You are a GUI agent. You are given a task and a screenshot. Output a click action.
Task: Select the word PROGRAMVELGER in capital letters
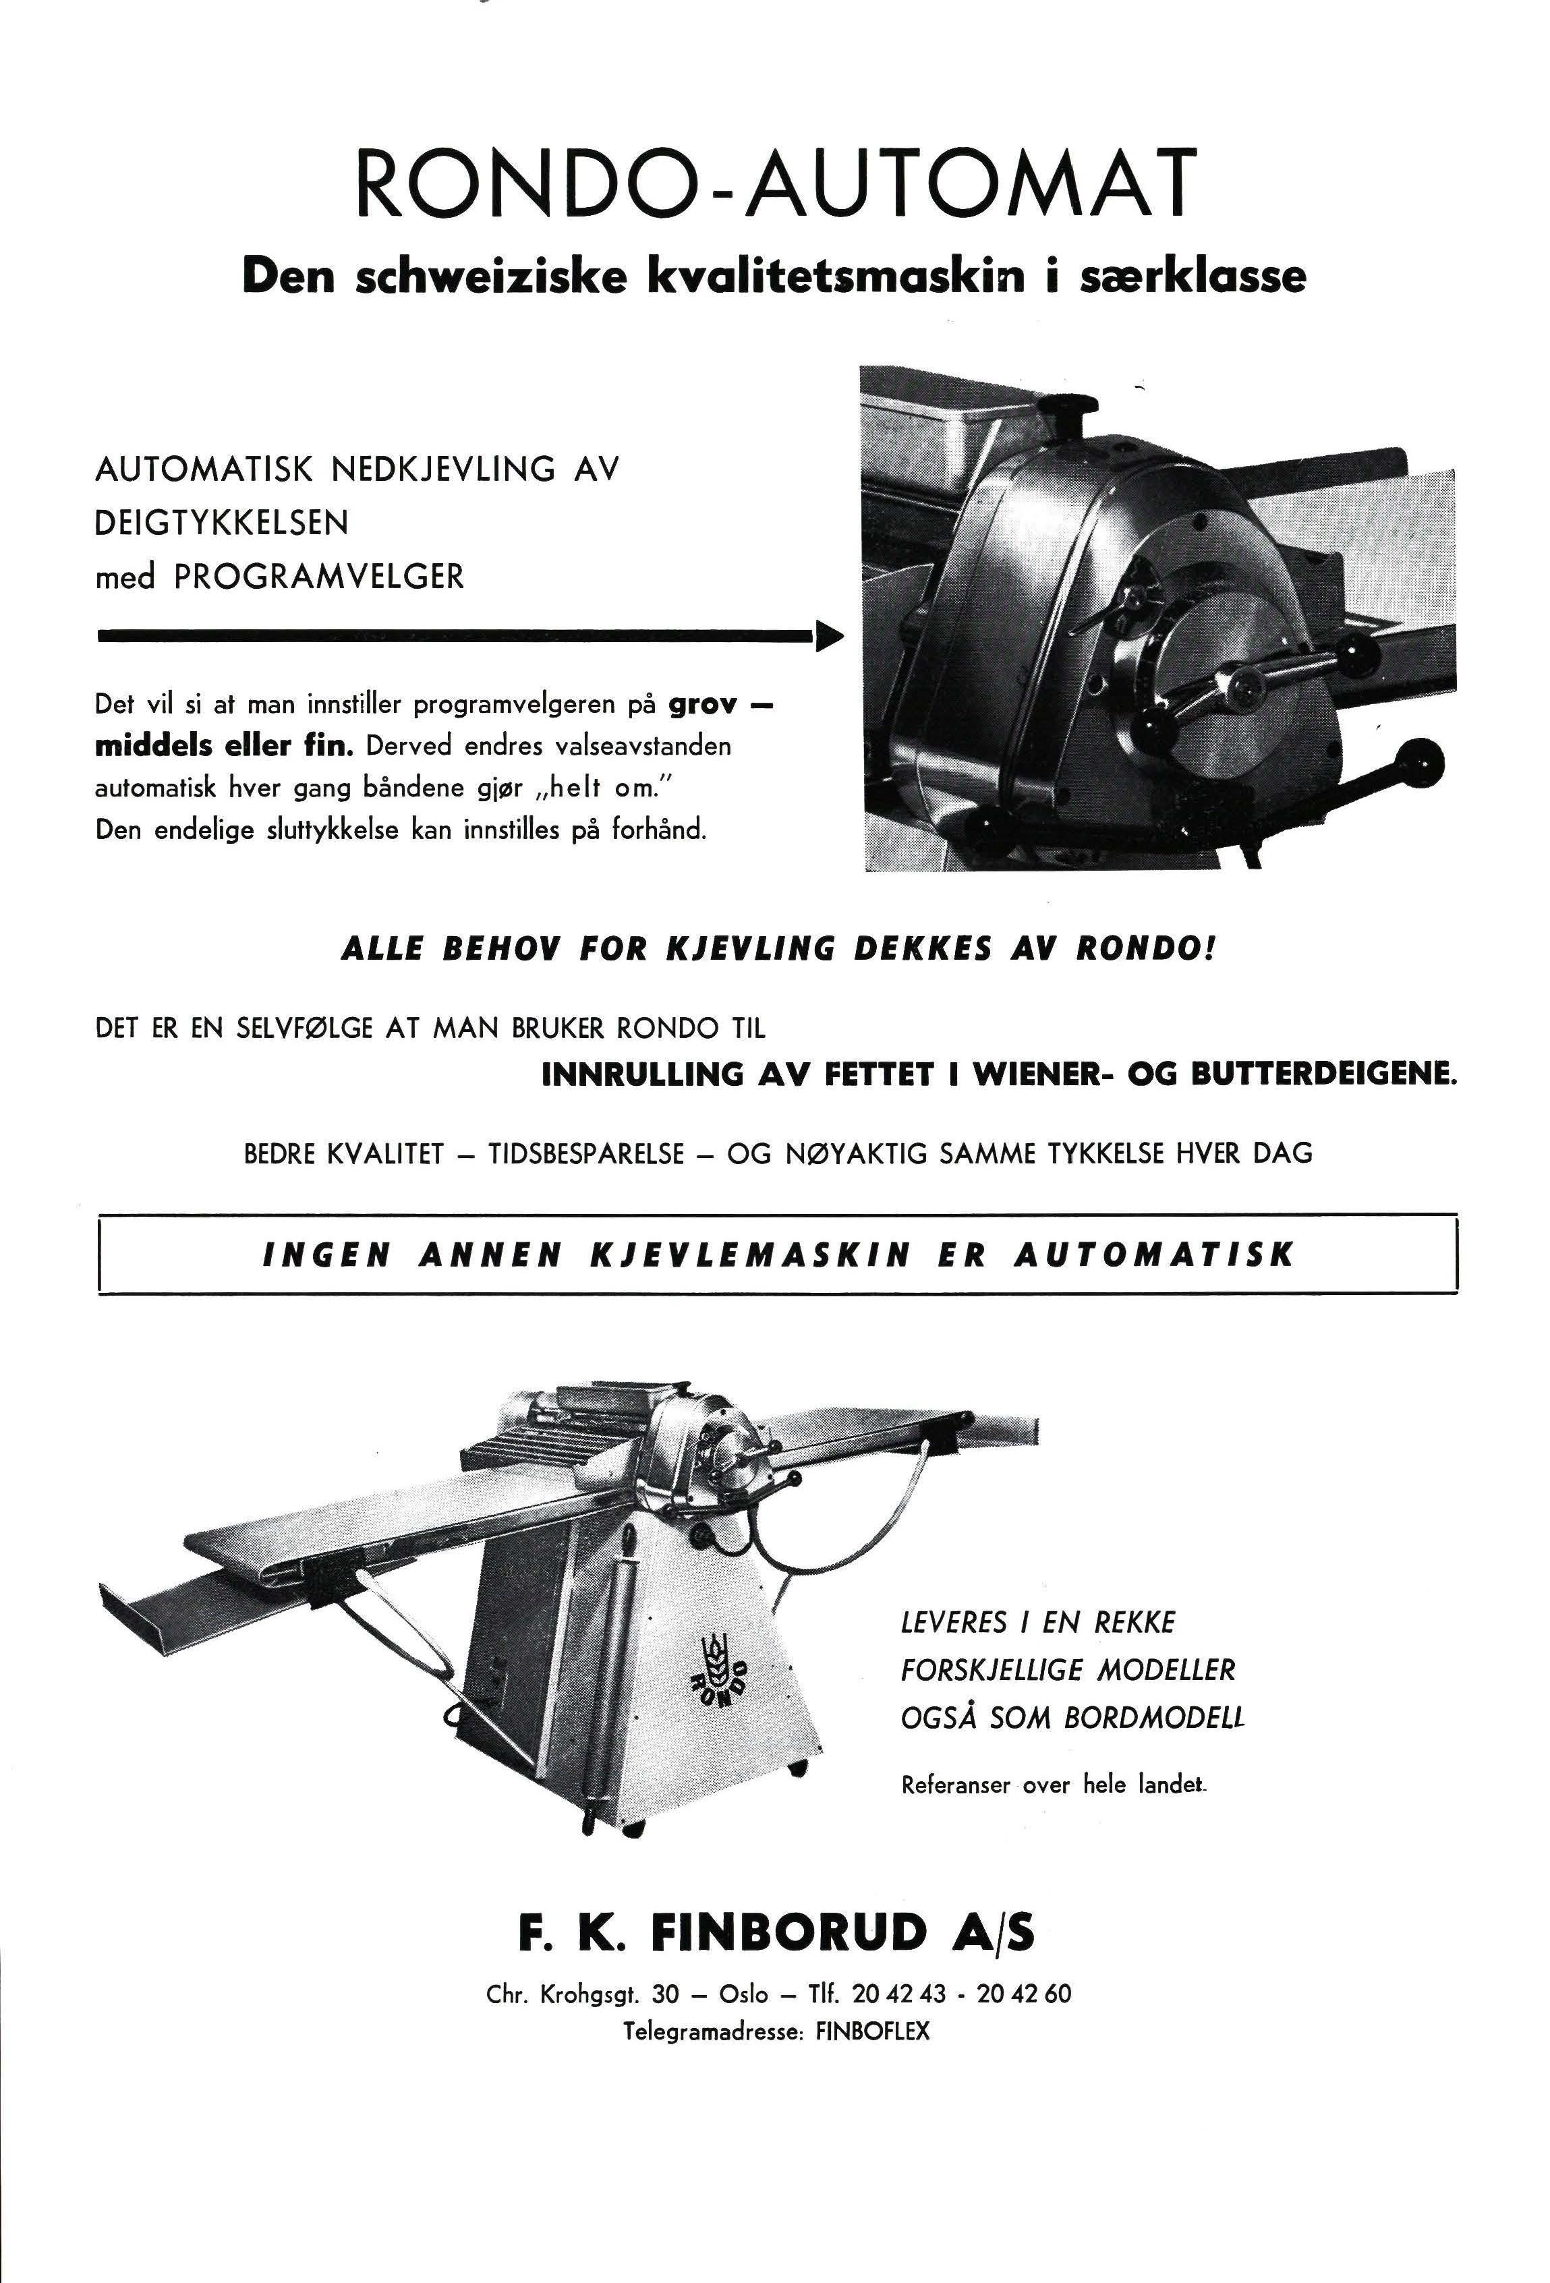point(318,577)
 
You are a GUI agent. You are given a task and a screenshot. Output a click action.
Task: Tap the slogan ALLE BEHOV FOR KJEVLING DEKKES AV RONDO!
point(778,950)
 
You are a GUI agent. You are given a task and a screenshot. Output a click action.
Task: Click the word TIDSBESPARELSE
point(586,1153)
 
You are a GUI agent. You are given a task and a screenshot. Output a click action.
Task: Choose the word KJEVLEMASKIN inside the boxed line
point(751,1255)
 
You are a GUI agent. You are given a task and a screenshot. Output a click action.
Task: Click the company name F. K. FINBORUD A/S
point(776,1932)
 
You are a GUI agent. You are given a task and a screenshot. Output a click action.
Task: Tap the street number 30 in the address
point(665,1994)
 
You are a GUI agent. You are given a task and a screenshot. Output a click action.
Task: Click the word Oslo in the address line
point(743,1994)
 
